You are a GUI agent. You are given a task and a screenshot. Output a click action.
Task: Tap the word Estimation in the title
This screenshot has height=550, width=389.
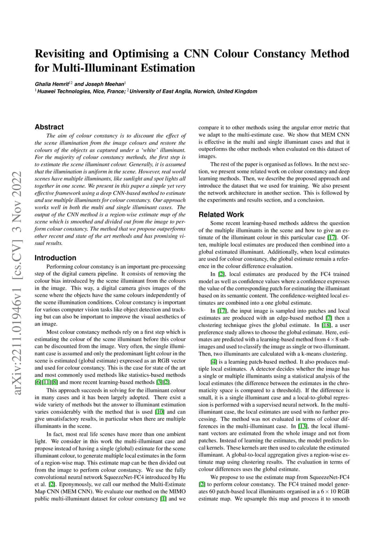tap(163, 69)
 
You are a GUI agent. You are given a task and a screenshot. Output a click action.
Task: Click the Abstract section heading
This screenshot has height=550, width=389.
tap(49, 127)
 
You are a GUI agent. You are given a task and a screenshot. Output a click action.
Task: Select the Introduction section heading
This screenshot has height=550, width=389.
tap(55, 258)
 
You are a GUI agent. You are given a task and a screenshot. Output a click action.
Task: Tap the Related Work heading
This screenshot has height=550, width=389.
tap(221, 215)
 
